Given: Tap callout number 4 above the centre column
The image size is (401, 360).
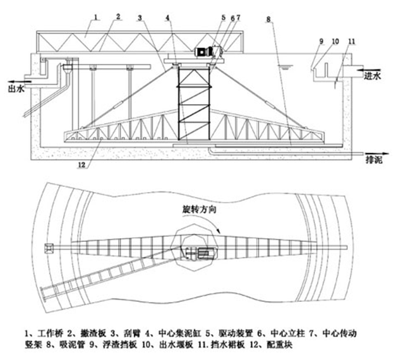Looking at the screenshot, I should pos(166,17).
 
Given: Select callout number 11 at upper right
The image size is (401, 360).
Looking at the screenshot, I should pos(352,42).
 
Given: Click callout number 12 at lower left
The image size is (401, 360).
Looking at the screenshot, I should pos(81,165).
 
